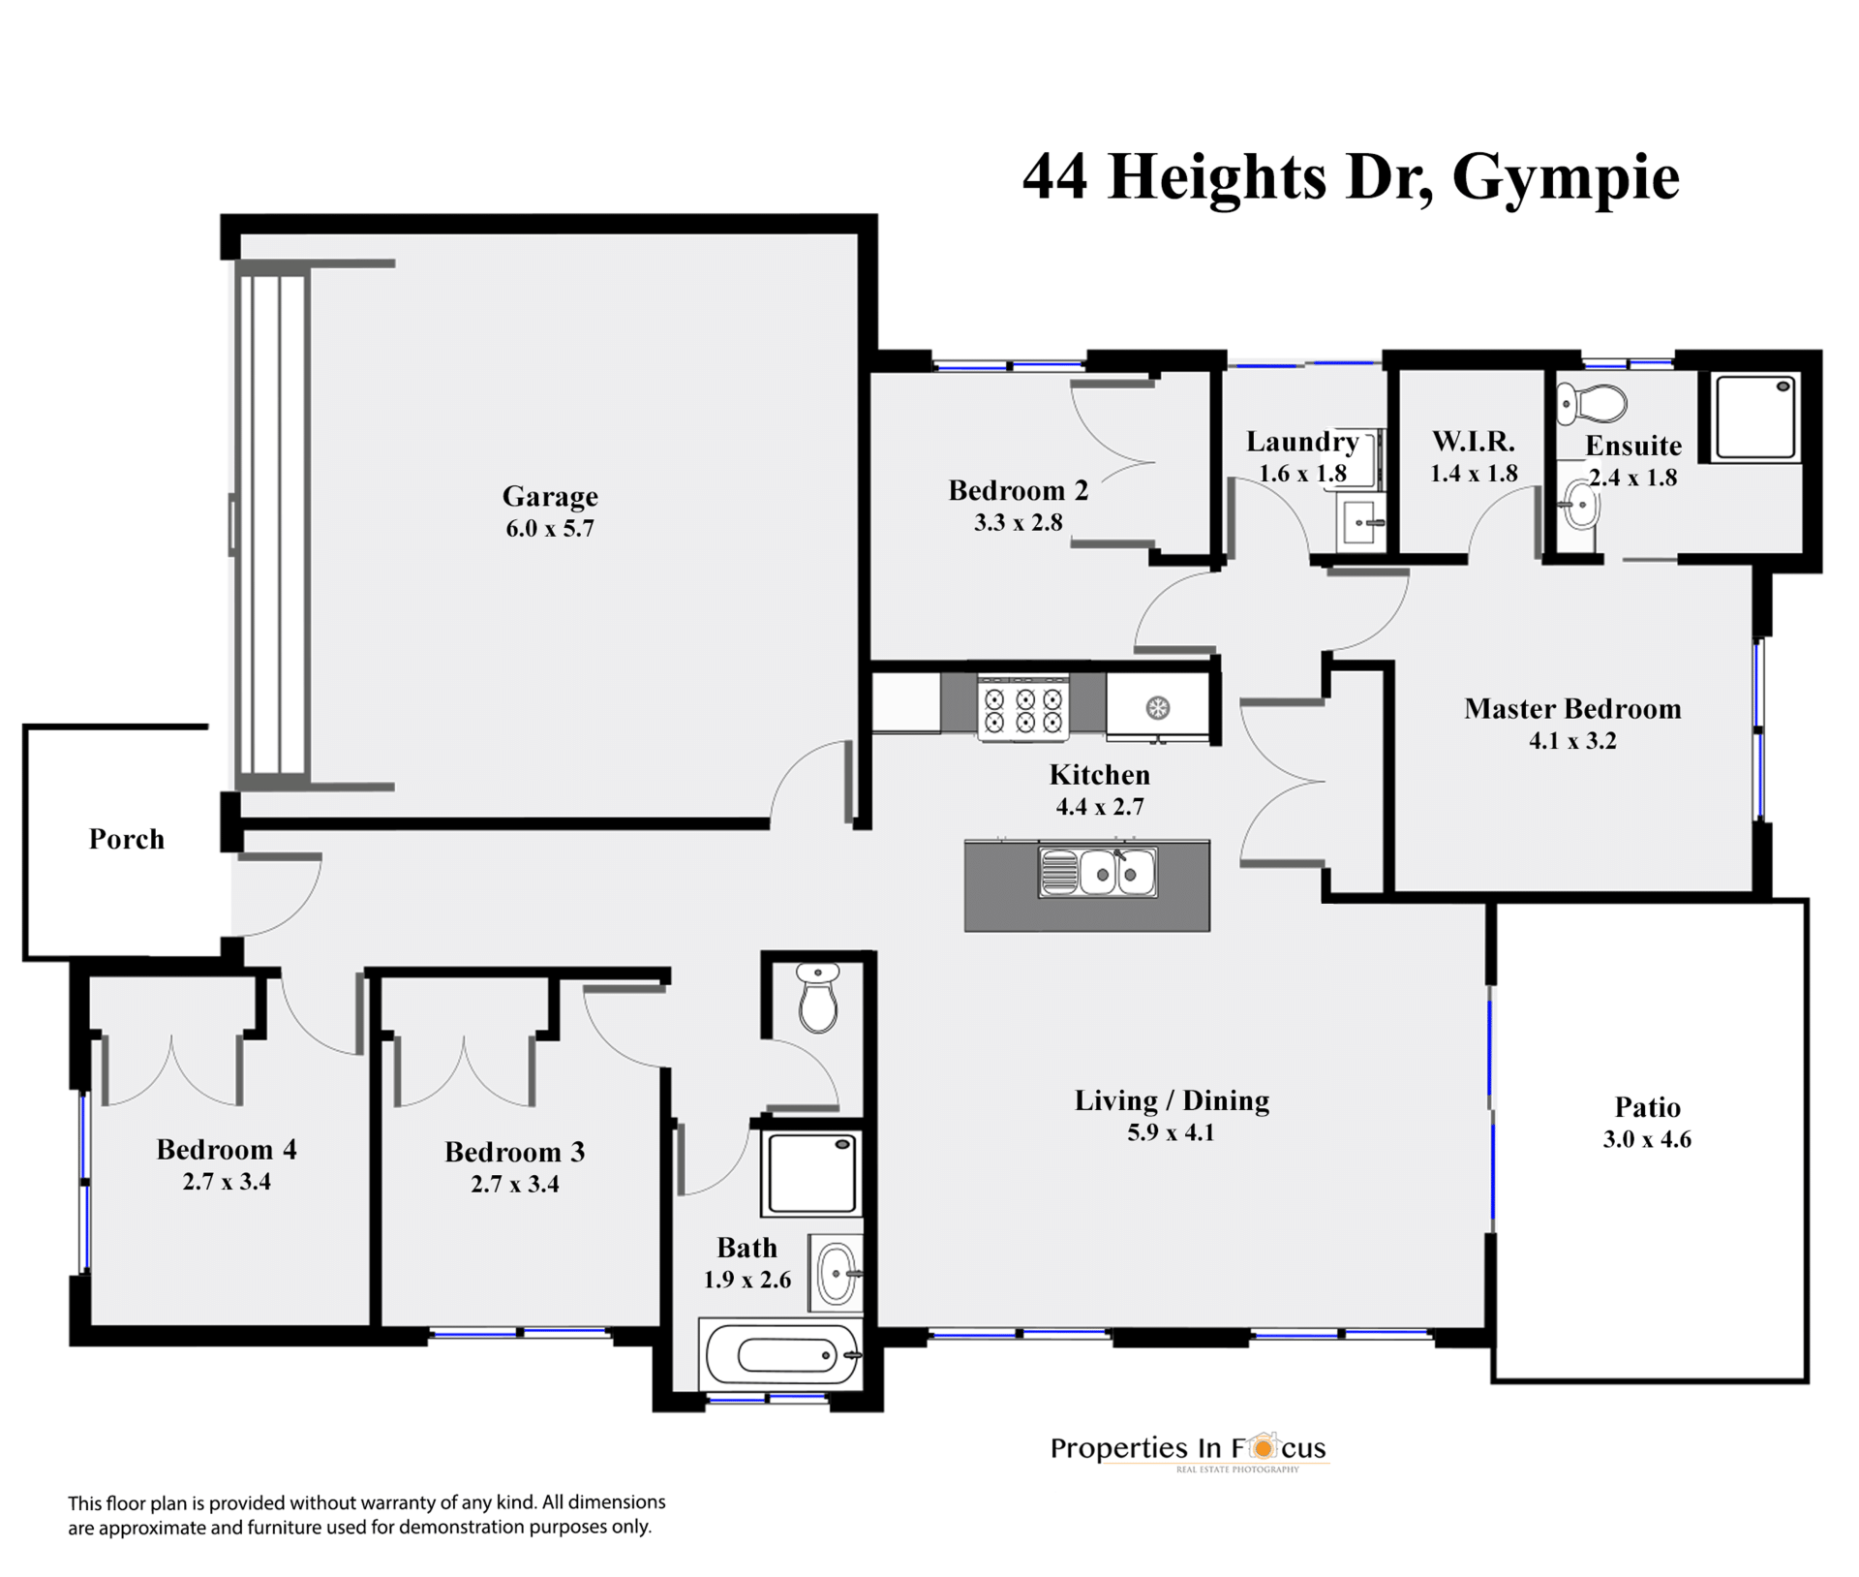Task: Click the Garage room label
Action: [x=550, y=496]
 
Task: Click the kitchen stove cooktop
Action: [x=1023, y=708]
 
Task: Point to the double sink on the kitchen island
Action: [x=1097, y=872]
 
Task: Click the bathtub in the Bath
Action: [x=780, y=1354]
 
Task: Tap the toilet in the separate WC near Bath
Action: [x=818, y=998]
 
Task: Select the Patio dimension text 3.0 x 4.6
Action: [x=1647, y=1139]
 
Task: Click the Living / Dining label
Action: [x=1172, y=1100]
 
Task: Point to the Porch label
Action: [x=127, y=839]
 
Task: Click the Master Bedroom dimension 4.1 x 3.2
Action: [x=1572, y=741]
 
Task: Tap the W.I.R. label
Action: [x=1474, y=442]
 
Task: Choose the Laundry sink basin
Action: [x=1362, y=524]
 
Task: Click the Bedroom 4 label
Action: [x=227, y=1150]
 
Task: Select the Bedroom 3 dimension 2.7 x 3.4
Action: [x=515, y=1184]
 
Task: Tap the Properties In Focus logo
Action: [x=1189, y=1449]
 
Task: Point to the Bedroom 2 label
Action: [x=1019, y=490]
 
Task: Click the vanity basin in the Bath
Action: [x=836, y=1273]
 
